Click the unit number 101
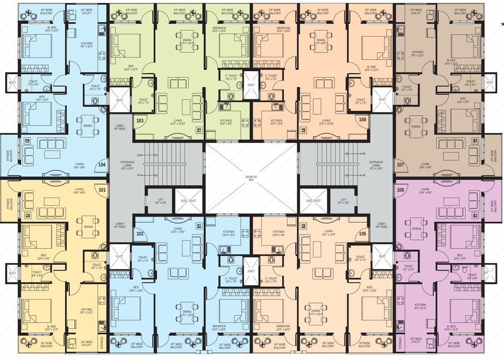[102, 190]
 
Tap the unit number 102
[140, 233]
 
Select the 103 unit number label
[140, 120]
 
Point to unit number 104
[102, 165]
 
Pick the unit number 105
[363, 233]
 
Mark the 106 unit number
[400, 190]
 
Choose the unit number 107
[400, 165]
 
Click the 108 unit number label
[363, 120]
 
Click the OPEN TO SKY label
[252, 178]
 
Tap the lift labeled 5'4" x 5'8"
[343, 201]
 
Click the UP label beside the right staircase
[363, 175]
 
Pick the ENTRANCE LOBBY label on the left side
[127, 165]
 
